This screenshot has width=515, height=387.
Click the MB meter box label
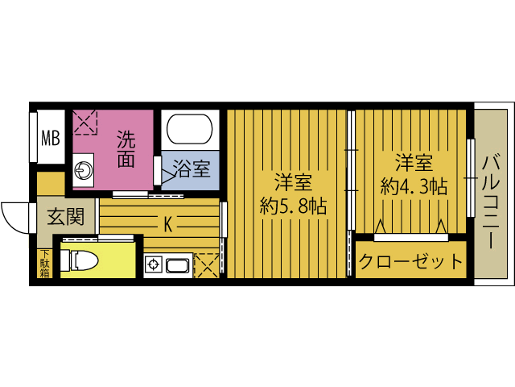(x=51, y=137)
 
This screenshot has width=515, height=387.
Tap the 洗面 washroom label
(x=125, y=148)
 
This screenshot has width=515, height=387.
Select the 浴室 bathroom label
(x=192, y=170)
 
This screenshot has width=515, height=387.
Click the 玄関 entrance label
(x=64, y=217)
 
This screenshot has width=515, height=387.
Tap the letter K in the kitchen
(x=168, y=223)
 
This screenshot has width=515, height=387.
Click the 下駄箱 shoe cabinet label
(x=44, y=264)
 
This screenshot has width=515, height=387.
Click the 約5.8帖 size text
(x=293, y=206)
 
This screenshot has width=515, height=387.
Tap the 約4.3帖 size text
(x=414, y=187)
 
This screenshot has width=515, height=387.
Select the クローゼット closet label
(x=412, y=262)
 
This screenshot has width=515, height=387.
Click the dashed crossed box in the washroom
(x=84, y=123)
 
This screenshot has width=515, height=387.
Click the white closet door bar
(x=410, y=237)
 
